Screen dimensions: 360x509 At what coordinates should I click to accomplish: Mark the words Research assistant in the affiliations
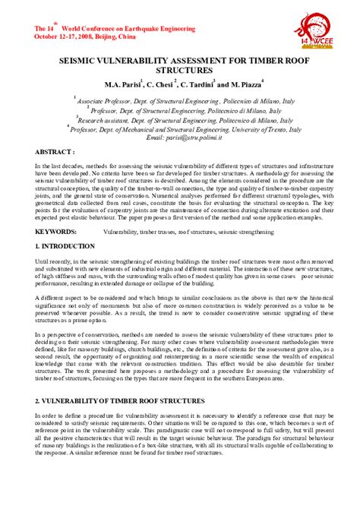106,120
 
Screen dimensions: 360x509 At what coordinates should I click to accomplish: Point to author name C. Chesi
159,82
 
